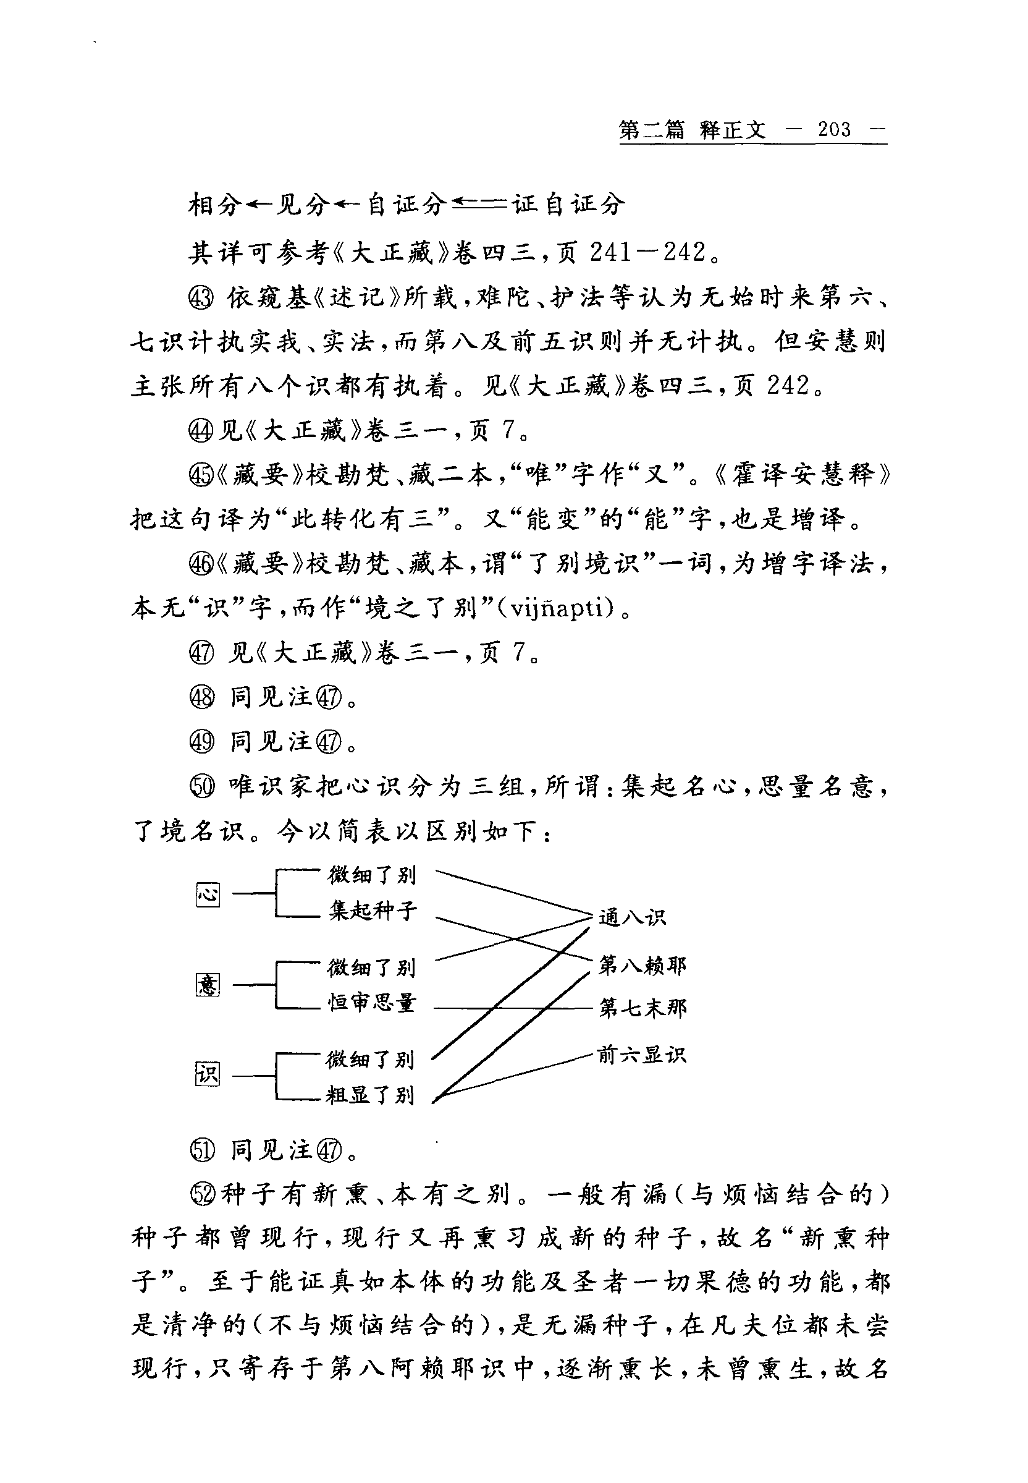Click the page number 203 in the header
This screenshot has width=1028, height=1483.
coord(834,130)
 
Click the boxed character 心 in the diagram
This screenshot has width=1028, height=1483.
coord(208,894)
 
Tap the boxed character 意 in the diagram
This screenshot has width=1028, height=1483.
coord(208,984)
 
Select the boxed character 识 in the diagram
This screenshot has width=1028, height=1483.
coord(208,1074)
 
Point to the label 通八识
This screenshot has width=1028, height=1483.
coord(632,917)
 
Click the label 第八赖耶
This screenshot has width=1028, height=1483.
coord(642,965)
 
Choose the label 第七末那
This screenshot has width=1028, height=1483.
coord(642,1008)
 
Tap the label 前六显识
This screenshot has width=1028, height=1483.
coord(641,1055)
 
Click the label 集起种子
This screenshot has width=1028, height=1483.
coord(373,911)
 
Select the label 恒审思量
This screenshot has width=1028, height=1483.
coord(372,1002)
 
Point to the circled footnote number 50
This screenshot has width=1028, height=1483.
coord(202,787)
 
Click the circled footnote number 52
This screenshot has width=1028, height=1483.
coord(202,1194)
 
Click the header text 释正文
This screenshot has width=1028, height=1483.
coord(732,130)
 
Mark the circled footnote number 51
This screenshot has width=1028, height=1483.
coord(202,1150)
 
